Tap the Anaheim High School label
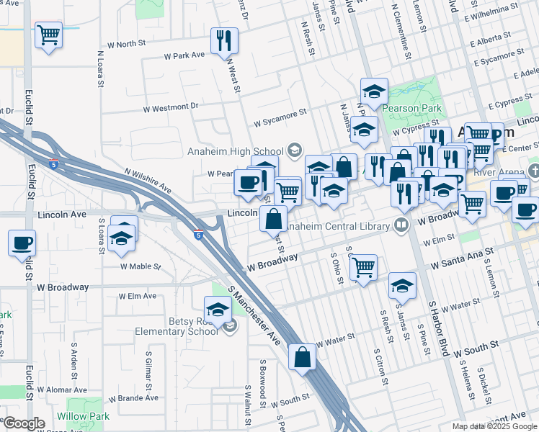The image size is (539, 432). pos(226,151)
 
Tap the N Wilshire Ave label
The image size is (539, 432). pos(148,181)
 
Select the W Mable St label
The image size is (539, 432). pos(140,266)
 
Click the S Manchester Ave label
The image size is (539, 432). pos(254,315)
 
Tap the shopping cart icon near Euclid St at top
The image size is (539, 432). pos(48,34)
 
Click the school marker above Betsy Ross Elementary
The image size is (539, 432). pos(218,309)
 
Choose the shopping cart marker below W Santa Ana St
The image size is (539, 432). pos(364,267)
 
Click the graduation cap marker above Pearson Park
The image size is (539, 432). pos(375,91)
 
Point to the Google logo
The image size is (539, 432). pos(24,423)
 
